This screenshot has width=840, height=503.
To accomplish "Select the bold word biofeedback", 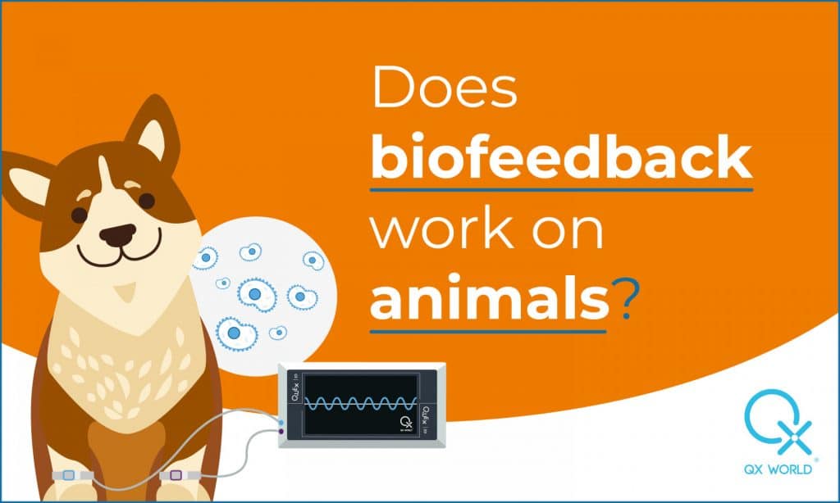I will click(x=561, y=158).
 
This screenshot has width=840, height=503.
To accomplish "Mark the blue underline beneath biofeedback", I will click(x=561, y=189).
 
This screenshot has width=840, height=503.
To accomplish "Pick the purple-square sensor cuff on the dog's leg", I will click(x=175, y=475).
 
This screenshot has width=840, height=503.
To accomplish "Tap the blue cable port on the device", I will click(x=281, y=419).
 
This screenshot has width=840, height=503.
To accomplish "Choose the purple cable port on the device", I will click(x=281, y=431).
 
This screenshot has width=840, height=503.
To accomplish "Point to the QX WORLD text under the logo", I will click(x=776, y=470).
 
